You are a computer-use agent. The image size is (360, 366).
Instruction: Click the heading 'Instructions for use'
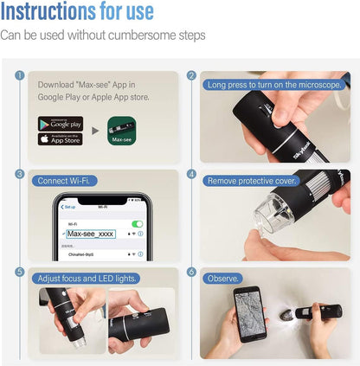point(77,12)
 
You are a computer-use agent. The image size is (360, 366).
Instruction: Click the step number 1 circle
point(19,75)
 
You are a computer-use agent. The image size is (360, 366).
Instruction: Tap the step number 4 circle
point(191,173)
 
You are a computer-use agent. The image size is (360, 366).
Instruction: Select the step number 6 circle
point(191,271)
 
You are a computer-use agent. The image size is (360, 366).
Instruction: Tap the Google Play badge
point(61,122)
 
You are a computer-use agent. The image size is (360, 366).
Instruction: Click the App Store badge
point(61,138)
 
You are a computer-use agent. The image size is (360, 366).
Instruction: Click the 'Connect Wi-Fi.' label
point(61,181)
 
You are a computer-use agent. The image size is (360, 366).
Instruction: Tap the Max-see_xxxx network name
point(90,234)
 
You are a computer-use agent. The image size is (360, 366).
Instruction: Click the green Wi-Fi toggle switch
point(137,223)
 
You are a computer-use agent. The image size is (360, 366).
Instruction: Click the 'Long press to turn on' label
point(273,84)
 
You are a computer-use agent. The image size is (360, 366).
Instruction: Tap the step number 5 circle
point(19,271)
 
